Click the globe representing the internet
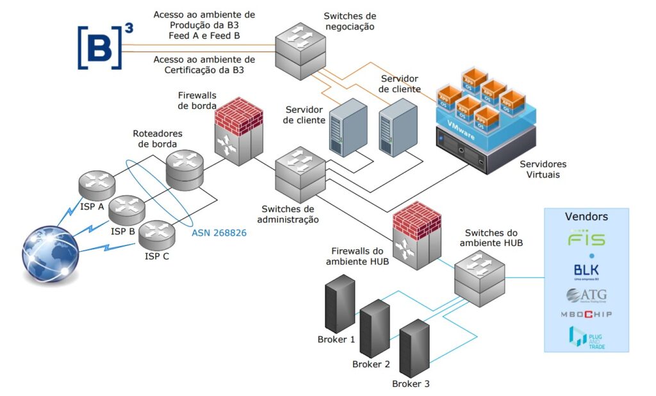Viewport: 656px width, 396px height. (51, 252)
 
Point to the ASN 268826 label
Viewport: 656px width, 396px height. (219, 233)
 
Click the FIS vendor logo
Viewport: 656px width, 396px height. (586, 240)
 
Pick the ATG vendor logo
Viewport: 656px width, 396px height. (586, 295)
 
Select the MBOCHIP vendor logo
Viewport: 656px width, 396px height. (586, 314)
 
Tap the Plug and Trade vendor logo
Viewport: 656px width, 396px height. (586, 338)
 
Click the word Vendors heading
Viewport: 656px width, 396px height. (586, 217)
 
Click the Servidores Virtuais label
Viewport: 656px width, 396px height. (543, 169)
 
